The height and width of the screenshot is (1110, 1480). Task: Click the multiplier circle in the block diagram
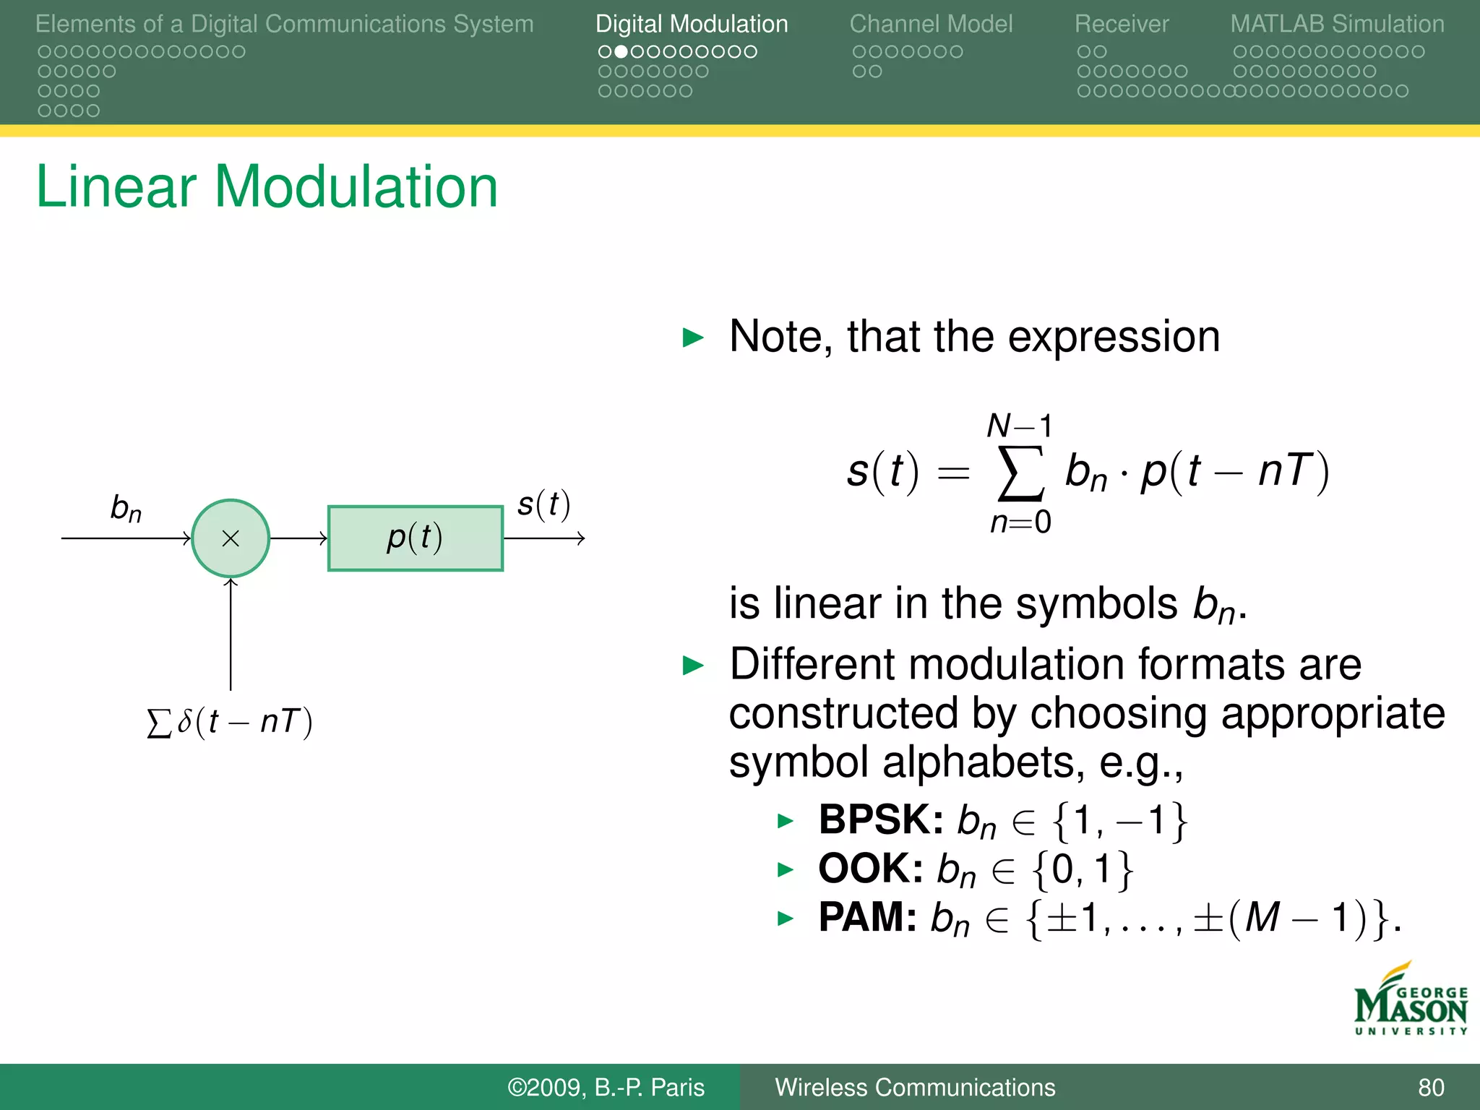231,538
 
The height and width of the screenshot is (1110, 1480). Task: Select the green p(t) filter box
415,538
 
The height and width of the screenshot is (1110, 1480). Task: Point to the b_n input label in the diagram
126,508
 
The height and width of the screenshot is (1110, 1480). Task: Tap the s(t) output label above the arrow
543,504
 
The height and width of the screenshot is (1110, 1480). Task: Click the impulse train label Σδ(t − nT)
230,722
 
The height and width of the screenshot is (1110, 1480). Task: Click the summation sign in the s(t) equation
1020,473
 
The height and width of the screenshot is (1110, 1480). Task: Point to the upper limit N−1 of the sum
1019,426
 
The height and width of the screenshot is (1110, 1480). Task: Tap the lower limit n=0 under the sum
1020,522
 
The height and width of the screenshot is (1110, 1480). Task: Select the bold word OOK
870,869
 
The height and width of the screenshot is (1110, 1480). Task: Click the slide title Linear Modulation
267,186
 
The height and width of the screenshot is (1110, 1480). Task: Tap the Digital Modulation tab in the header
691,24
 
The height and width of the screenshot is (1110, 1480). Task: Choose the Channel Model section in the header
931,24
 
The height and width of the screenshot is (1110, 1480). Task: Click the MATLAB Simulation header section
1337,24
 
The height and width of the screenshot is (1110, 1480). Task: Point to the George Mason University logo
1410,1001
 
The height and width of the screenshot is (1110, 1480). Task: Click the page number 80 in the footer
1431,1087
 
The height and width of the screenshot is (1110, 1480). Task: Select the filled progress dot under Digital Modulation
620,52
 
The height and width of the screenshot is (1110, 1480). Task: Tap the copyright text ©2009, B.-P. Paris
606,1087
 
